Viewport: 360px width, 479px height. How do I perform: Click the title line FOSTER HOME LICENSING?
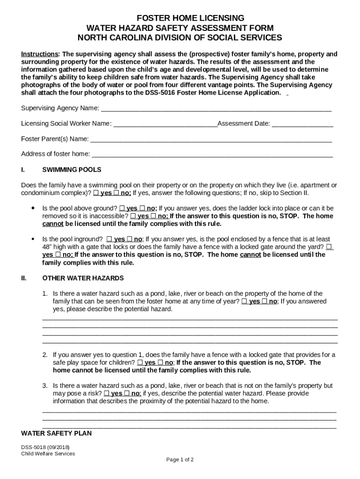pos(180,18)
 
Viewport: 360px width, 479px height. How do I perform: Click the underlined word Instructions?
pos(39,54)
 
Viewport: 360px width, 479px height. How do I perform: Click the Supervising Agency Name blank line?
pos(216,109)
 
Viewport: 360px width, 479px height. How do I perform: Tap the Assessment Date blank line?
pos(302,124)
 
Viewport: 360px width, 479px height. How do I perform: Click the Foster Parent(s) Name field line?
pos(211,139)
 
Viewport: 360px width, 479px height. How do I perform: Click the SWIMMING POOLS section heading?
pos(72,169)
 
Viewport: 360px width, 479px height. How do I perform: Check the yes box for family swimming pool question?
pos(96,193)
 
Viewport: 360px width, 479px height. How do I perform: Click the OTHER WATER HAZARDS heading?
pos(83,278)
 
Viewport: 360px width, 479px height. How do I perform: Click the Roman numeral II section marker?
pos(24,278)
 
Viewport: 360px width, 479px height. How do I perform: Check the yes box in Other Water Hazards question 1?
pos(245,301)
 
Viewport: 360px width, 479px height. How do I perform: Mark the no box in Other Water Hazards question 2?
pos(160,363)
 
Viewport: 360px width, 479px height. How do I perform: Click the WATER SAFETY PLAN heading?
pos(56,433)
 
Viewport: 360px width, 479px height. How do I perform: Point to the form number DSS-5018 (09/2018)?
pos(46,447)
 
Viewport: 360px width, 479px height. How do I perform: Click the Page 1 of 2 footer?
pos(180,459)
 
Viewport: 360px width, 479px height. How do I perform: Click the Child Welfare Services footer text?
pos(48,453)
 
